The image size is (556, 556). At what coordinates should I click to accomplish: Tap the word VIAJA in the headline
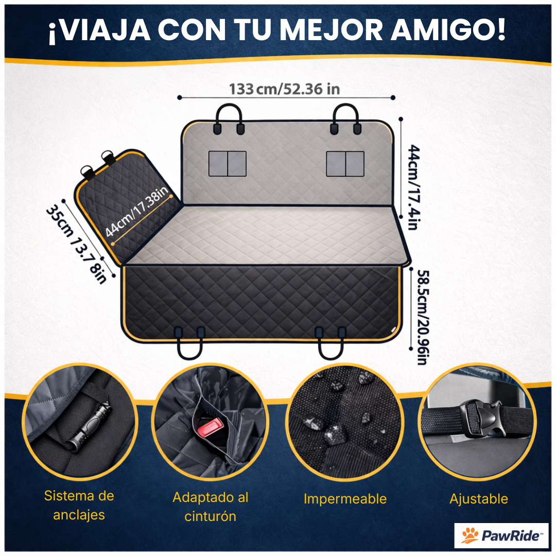pyautogui.click(x=100, y=30)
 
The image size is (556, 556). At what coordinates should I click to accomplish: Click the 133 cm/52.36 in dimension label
pyautogui.click(x=284, y=89)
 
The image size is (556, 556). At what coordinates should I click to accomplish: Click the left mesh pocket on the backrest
pyautogui.click(x=227, y=164)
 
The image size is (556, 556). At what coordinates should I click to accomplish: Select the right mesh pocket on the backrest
pyautogui.click(x=345, y=164)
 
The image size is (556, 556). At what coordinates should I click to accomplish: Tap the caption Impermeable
pyautogui.click(x=344, y=498)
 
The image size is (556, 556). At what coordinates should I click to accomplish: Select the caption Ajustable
pyautogui.click(x=478, y=498)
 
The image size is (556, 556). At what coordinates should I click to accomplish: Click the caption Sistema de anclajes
pyautogui.click(x=79, y=505)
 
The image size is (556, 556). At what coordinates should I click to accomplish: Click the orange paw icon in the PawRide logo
pyautogui.click(x=470, y=536)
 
